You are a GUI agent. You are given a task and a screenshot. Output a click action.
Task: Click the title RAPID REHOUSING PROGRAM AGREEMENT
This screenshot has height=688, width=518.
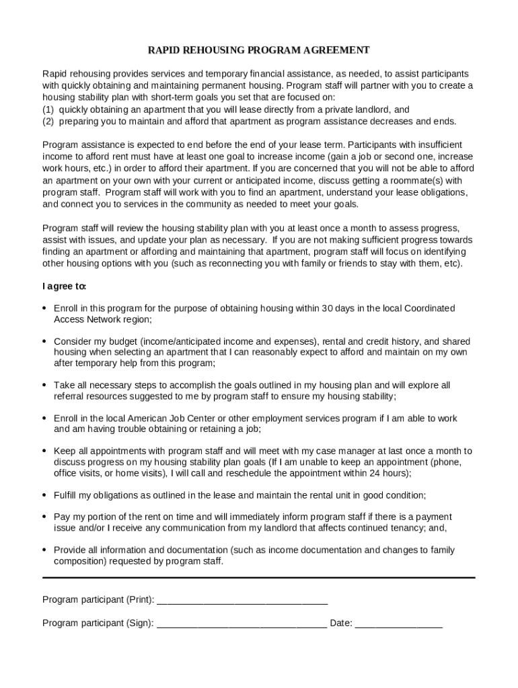click(x=259, y=50)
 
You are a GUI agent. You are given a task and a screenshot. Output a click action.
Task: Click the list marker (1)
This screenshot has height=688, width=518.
click(x=48, y=110)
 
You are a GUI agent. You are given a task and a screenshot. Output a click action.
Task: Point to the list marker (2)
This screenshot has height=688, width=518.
click(x=48, y=122)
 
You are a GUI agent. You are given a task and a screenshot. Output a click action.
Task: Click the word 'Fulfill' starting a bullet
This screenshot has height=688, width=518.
click(x=67, y=495)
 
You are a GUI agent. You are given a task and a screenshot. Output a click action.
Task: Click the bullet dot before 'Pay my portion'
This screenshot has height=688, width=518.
click(x=44, y=517)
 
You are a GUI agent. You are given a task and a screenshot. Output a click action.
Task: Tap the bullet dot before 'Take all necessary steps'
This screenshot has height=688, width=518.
click(x=44, y=385)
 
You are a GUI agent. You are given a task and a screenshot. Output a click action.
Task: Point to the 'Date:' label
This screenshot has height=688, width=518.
click(x=341, y=623)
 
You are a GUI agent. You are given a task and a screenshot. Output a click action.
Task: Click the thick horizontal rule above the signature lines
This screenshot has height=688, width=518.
click(x=259, y=577)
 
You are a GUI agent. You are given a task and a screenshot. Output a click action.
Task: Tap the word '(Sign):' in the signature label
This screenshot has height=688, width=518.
click(x=140, y=623)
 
